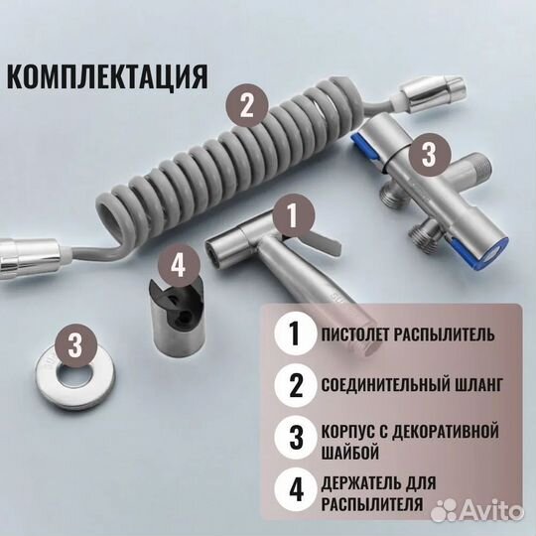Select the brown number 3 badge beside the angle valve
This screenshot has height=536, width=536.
click(x=428, y=154)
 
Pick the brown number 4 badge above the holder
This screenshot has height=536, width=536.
click(x=177, y=265)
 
